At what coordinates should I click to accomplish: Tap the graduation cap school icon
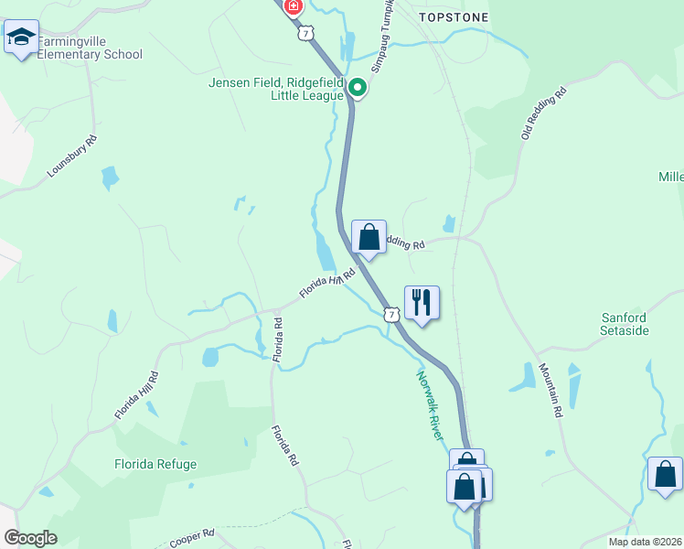(21, 38)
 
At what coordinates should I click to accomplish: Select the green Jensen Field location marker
(357, 89)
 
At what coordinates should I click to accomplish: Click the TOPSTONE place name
(454, 17)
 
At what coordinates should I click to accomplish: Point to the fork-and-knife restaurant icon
(422, 302)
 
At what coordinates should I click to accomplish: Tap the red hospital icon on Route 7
(293, 7)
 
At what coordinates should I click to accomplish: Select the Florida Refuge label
(155, 464)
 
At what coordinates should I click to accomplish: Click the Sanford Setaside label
(625, 323)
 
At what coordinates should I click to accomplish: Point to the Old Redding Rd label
(545, 113)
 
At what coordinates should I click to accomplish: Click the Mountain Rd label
(550, 390)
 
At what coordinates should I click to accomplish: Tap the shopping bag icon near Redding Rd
(369, 237)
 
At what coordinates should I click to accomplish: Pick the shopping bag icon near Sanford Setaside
(665, 474)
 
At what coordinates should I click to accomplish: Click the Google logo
(30, 538)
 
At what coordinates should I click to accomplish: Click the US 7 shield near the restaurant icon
(391, 315)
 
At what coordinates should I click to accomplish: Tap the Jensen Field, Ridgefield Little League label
(275, 88)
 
